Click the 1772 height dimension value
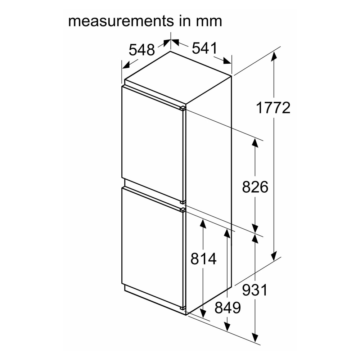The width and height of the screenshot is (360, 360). tap(273, 108)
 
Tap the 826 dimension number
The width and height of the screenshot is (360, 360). tap(255, 188)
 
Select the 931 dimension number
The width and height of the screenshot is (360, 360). tap(255, 290)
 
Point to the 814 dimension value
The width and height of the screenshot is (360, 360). tap(203, 259)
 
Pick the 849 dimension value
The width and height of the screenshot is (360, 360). tap(227, 308)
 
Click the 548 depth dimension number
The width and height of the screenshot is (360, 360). tap(141, 50)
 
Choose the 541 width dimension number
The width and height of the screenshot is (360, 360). tap(204, 48)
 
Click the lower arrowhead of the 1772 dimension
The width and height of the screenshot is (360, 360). tap(274, 256)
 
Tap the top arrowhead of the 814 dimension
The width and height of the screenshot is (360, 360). tap(203, 224)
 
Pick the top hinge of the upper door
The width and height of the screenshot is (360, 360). tap(183, 107)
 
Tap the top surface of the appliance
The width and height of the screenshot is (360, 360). tap(176, 77)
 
